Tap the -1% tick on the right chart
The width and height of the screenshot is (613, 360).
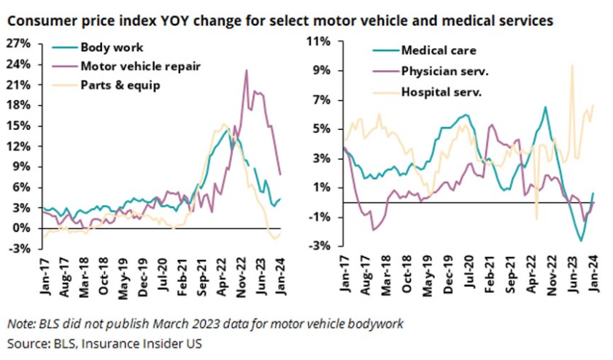click(x=323, y=217)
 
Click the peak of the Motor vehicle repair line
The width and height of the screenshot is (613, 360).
click(x=246, y=71)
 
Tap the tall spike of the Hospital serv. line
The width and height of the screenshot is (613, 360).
click(x=571, y=66)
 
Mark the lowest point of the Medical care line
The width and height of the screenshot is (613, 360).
click(x=581, y=240)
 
